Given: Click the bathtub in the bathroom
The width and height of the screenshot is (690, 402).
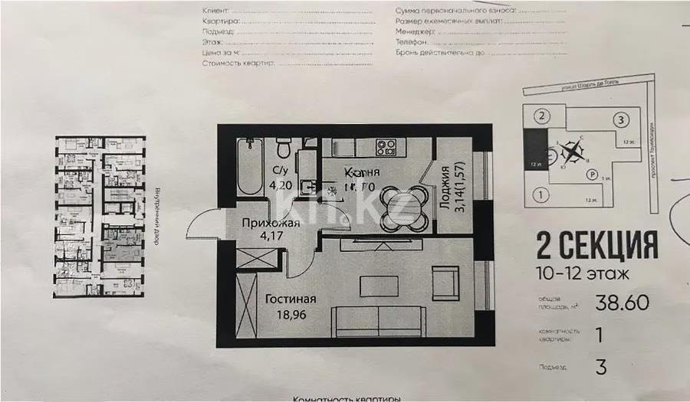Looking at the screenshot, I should [249, 166].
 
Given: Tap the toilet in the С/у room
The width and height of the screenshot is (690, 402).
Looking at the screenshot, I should [283, 145].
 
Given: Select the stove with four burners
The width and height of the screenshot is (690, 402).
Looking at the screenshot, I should [386, 146].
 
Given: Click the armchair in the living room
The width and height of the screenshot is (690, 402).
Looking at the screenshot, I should [445, 283].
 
